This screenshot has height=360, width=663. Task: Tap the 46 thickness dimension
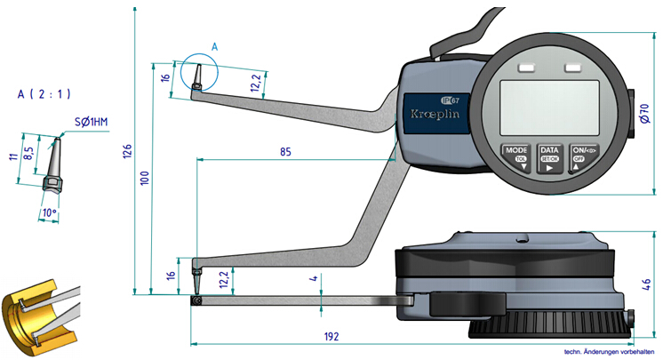click(x=647, y=285)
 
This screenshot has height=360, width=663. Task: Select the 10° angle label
click(x=48, y=213)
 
